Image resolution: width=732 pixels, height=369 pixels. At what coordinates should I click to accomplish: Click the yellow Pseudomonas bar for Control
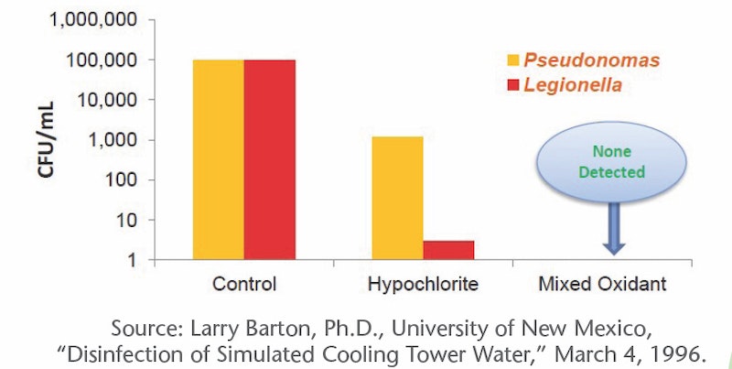(x=218, y=160)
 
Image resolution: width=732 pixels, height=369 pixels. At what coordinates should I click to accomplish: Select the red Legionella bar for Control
(x=270, y=160)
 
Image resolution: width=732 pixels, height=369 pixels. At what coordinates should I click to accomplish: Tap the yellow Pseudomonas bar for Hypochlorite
(x=397, y=199)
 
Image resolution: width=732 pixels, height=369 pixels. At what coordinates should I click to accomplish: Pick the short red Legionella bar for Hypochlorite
(x=448, y=250)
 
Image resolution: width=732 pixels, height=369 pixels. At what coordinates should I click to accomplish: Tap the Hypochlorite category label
(x=423, y=284)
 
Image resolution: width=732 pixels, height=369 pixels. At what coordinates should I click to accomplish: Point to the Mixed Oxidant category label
(x=602, y=284)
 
